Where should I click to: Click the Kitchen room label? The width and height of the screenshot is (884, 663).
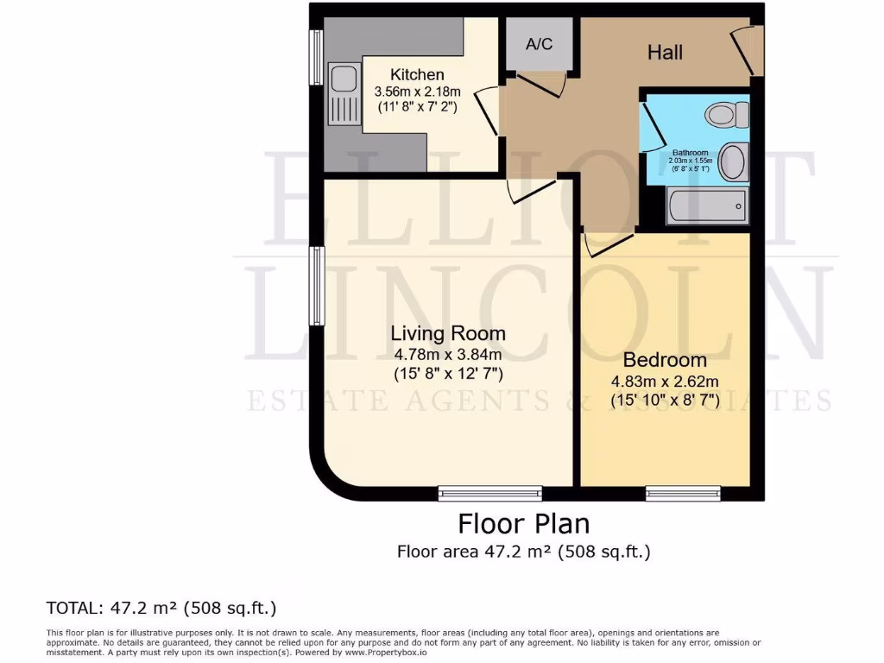point(417,75)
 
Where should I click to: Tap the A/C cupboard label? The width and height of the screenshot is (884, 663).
point(540,43)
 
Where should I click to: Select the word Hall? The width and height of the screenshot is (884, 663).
point(666,52)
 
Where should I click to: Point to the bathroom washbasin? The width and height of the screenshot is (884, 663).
point(732,162)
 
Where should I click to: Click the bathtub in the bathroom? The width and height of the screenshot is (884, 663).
point(707,205)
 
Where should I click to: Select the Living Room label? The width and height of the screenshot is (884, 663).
point(448,333)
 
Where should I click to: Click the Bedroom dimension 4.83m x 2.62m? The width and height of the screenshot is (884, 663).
point(666,382)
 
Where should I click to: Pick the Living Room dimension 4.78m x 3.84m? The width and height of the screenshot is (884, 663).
point(448,354)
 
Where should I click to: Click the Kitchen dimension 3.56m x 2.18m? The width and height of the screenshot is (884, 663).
point(417,92)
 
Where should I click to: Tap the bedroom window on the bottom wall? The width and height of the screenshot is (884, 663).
point(683,494)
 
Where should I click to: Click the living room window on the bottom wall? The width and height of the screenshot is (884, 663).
point(490,494)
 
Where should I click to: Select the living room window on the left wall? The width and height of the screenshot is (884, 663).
point(317,287)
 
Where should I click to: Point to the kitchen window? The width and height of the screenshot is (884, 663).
point(317,58)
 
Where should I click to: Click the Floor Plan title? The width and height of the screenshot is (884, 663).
point(523,524)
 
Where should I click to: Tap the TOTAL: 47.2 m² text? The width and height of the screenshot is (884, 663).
point(161,607)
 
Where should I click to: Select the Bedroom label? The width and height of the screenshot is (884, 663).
point(665,360)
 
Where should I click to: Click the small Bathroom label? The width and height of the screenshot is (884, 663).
point(690,153)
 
